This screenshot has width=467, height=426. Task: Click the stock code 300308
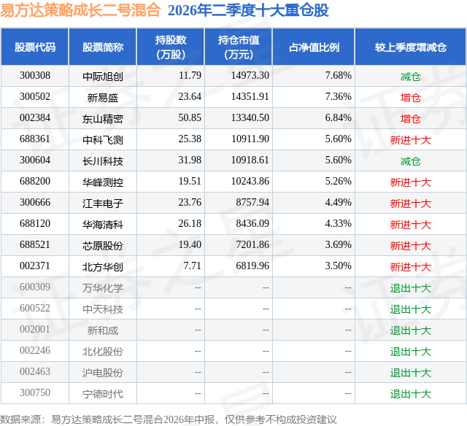coord(35,75)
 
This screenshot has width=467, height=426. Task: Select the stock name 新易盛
coord(103,97)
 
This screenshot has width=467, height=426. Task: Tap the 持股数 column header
coord(171,47)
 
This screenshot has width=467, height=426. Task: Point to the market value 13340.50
coord(250,117)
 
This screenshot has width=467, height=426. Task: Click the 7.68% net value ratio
coord(339,75)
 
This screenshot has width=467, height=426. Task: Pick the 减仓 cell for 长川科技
coord(410,161)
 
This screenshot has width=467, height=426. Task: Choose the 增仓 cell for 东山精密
coord(410,119)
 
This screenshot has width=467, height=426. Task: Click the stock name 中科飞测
coord(103,139)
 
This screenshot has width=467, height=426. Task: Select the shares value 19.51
coord(190,181)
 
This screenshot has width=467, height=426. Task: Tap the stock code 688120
coord(35,223)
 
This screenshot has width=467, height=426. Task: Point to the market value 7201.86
coord(252,244)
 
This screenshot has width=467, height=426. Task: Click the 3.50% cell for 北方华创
coord(339,266)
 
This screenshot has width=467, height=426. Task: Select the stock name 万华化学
coord(103,287)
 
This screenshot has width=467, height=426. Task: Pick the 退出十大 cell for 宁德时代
coord(410,394)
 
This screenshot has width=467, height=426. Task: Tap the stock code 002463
coord(35,371)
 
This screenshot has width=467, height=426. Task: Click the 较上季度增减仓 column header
coord(411,47)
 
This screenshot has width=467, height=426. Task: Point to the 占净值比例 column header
coord(314,47)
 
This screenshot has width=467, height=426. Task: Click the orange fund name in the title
coord(80,10)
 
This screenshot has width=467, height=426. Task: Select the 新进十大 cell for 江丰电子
coord(410,204)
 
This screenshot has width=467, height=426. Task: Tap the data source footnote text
coord(169,419)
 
